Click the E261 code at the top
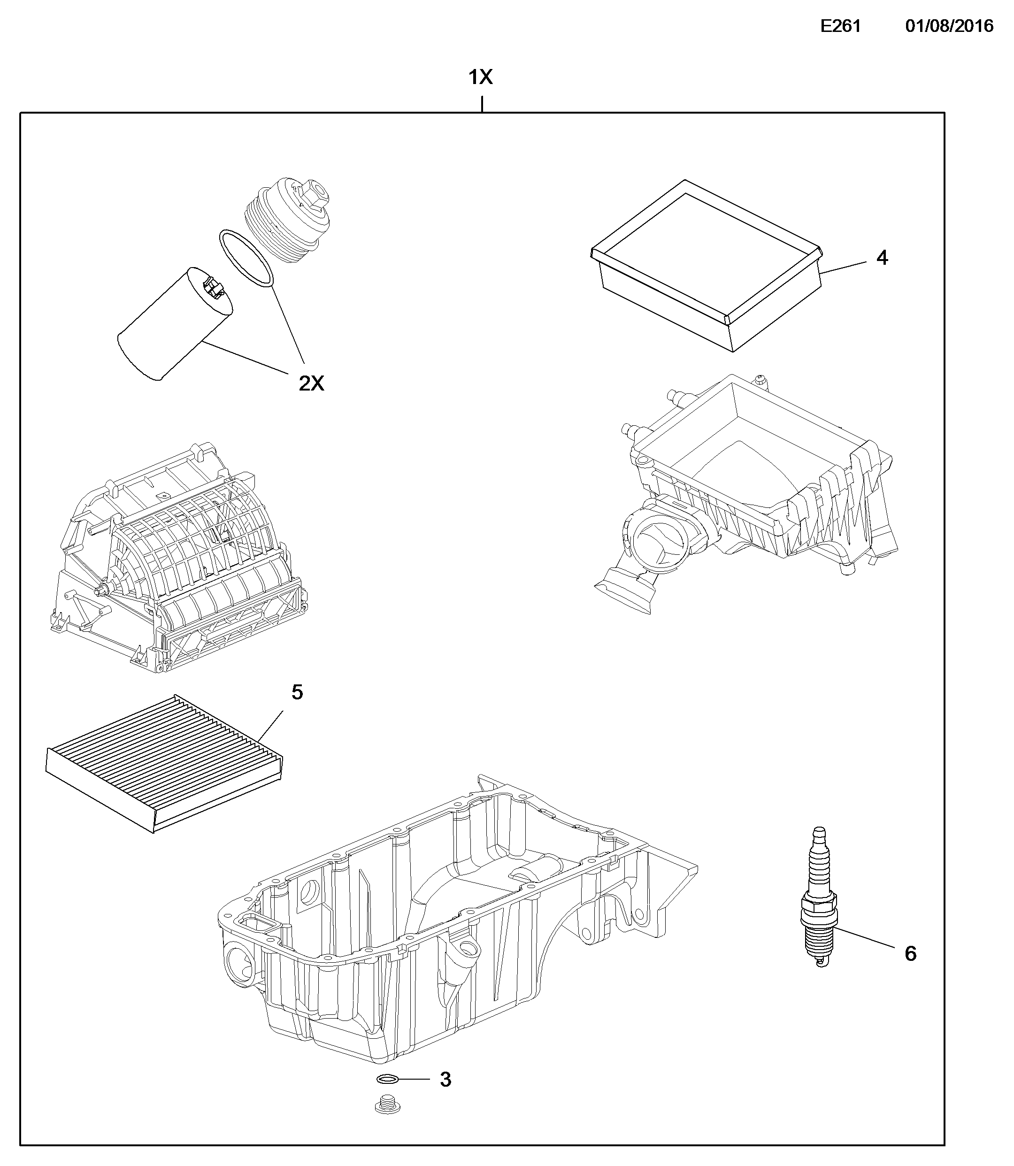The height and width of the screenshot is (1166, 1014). pyautogui.click(x=840, y=27)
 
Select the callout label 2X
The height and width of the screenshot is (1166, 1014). pyautogui.click(x=311, y=384)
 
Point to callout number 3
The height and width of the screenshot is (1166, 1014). pyautogui.click(x=446, y=1080)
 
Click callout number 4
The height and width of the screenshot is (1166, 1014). pyautogui.click(x=882, y=258)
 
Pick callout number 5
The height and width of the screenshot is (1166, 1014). pyautogui.click(x=297, y=692)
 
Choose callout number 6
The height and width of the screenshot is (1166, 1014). pyautogui.click(x=910, y=954)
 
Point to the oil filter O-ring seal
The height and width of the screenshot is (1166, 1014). pyautogui.click(x=246, y=257)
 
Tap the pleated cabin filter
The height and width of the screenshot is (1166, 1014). pyautogui.click(x=164, y=762)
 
